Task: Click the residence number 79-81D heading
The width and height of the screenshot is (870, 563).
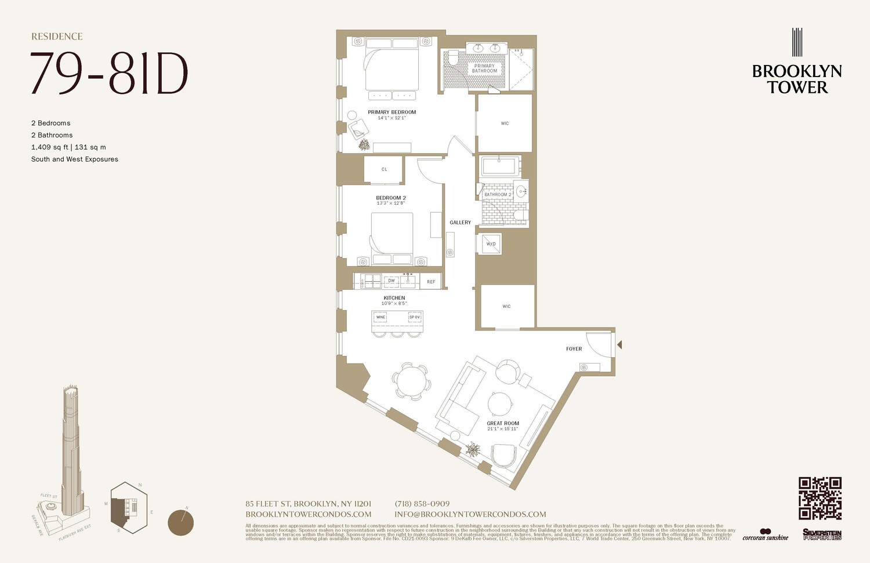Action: click(109, 74)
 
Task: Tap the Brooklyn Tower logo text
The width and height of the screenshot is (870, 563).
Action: click(797, 79)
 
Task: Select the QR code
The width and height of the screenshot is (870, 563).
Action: click(820, 498)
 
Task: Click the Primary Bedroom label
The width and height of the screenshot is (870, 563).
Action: click(391, 112)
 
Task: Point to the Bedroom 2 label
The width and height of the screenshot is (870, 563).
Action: click(391, 198)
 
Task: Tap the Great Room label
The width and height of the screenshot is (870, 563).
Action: click(503, 424)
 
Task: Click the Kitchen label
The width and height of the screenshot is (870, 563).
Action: click(394, 298)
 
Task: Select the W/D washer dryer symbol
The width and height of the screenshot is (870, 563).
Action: click(491, 244)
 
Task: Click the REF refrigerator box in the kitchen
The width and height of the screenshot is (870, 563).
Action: click(431, 282)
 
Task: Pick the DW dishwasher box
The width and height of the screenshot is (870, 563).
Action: click(391, 281)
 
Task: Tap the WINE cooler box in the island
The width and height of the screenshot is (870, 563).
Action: click(380, 317)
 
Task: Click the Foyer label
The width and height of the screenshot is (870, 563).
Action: click(574, 349)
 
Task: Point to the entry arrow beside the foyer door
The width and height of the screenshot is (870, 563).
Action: click(619, 345)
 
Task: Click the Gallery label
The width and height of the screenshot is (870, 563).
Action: click(460, 223)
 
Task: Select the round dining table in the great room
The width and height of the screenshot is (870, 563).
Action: click(411, 383)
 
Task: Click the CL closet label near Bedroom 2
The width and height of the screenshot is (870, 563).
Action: click(384, 169)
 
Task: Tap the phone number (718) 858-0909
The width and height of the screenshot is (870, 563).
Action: click(422, 504)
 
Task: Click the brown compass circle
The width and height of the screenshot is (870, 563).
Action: click(180, 522)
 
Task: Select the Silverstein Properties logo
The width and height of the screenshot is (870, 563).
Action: click(822, 535)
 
